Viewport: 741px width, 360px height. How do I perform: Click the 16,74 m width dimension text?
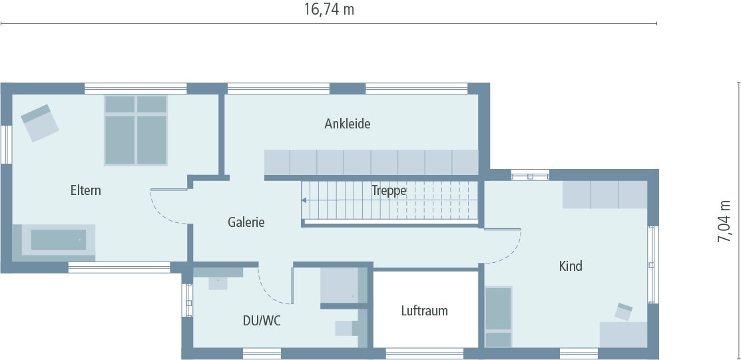click(x=329, y=9)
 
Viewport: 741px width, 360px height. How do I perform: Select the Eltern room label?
click(x=86, y=191)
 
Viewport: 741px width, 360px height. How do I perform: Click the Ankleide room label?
click(x=347, y=124)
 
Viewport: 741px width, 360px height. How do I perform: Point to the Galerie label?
click(x=246, y=222)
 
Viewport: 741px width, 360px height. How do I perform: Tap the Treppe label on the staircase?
click(x=389, y=190)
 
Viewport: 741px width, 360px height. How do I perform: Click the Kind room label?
click(x=571, y=266)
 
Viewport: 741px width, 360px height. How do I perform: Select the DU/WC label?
click(x=261, y=321)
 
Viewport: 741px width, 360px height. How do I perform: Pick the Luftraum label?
click(x=424, y=311)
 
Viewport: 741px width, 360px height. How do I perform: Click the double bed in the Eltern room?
click(x=135, y=130)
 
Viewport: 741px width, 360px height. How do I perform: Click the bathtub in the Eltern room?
click(x=58, y=240)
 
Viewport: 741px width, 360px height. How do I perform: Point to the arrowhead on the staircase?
click(x=304, y=200)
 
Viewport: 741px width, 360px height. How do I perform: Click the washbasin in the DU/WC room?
click(x=218, y=281)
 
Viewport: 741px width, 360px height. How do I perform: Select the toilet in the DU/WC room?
click(x=346, y=327)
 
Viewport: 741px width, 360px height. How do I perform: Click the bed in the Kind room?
click(x=498, y=317)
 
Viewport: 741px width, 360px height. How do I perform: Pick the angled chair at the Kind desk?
click(x=623, y=311)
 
